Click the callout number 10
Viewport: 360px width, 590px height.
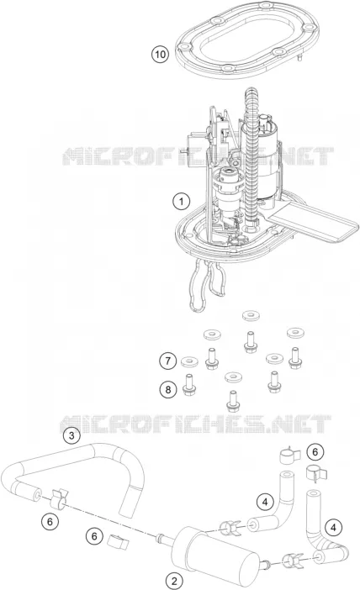coord(160,54)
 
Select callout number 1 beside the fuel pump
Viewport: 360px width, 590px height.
coord(181,202)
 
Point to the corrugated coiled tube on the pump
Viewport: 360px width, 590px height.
coord(251,158)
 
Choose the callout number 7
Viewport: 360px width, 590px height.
coord(167,361)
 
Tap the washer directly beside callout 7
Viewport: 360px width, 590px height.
coord(190,362)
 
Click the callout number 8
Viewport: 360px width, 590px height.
coord(168,389)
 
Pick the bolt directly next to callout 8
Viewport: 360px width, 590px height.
coord(188,384)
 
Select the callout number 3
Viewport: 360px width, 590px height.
coord(71,435)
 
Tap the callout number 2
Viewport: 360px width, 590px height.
coord(174,580)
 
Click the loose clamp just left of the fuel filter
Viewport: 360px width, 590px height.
coord(118,540)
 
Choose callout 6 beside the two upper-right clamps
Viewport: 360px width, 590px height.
coord(315,451)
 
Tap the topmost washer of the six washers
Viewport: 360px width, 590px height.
coord(251,316)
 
